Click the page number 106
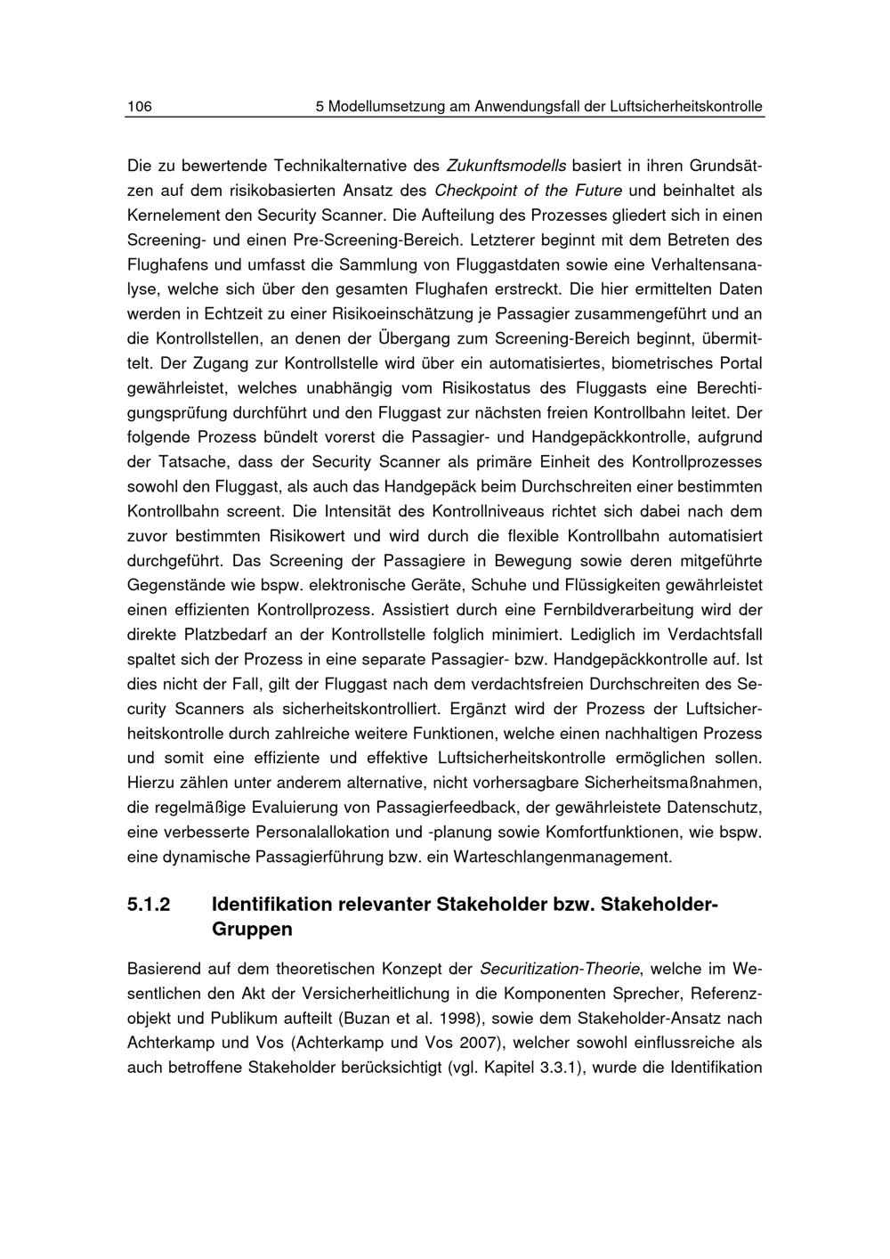click(140, 107)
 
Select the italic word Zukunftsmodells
click(506, 166)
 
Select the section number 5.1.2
click(149, 905)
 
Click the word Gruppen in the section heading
click(252, 930)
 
